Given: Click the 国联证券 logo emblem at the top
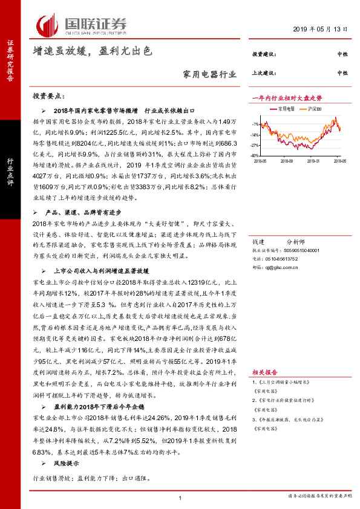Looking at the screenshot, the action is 48,24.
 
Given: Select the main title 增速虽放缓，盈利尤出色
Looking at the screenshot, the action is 92,53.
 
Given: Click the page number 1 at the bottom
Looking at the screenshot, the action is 180,497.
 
